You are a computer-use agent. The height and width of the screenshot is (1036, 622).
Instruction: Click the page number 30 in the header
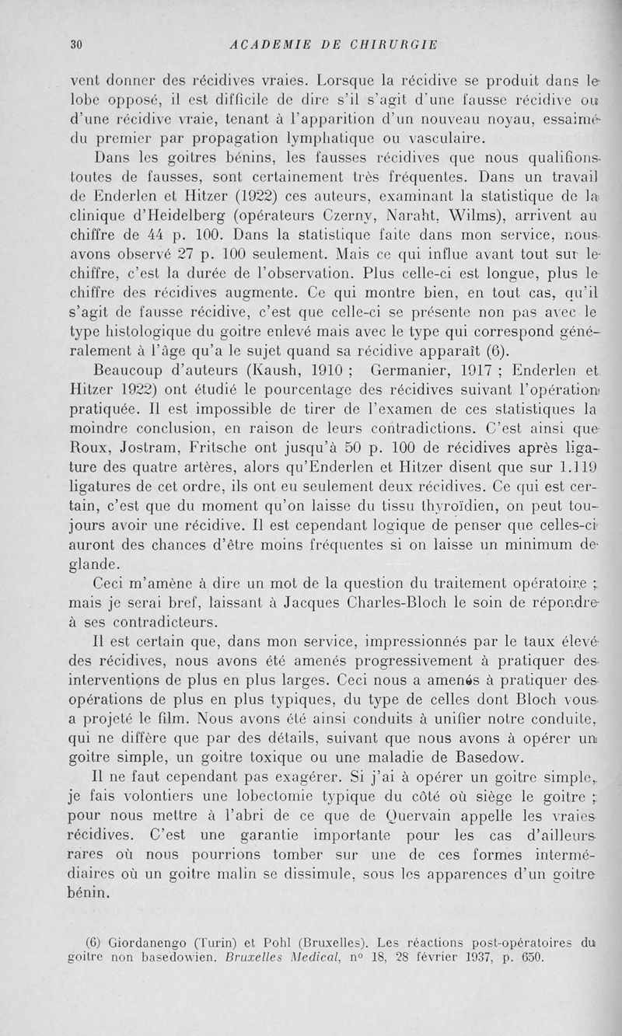76,44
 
